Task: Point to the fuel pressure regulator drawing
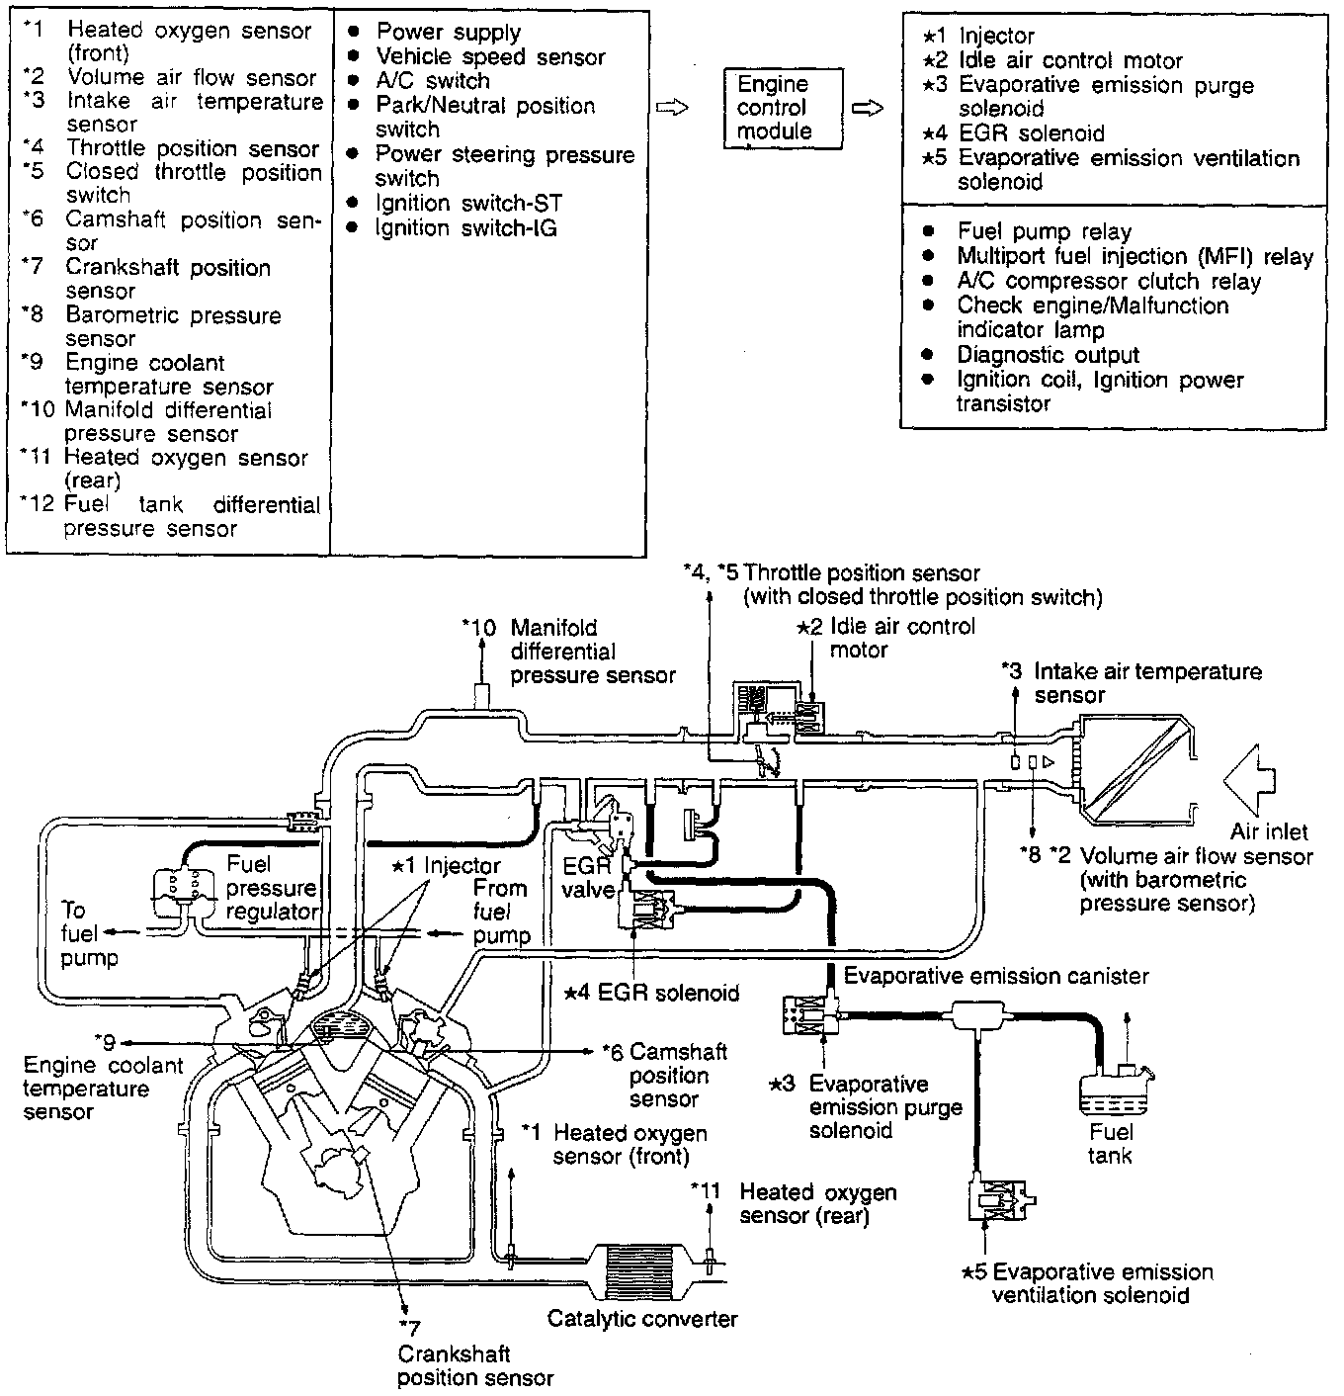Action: pyautogui.click(x=184, y=893)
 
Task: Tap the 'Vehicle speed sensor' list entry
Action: pyautogui.click(x=490, y=57)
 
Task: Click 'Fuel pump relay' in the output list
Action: pyautogui.click(x=1045, y=231)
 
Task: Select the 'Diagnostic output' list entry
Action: pyautogui.click(x=1048, y=355)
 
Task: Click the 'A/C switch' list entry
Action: pyautogui.click(x=433, y=81)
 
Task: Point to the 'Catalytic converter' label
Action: pyautogui.click(x=642, y=1319)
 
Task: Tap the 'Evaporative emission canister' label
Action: pyautogui.click(x=996, y=976)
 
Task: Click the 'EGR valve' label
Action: pyautogui.click(x=588, y=877)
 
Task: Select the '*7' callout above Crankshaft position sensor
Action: pyautogui.click(x=410, y=1328)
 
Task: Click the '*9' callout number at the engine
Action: pyautogui.click(x=106, y=1041)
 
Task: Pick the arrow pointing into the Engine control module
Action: pyautogui.click(x=672, y=108)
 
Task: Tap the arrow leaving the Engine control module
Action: pyautogui.click(x=867, y=109)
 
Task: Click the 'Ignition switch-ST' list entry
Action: pyautogui.click(x=469, y=204)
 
